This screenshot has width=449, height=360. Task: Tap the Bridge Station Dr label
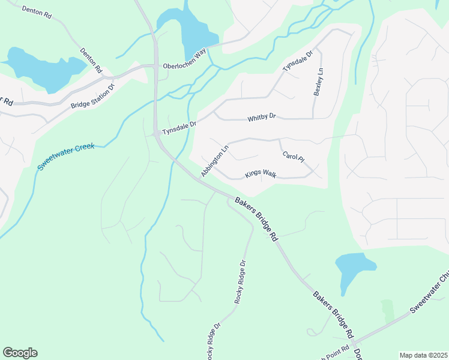point(92,96)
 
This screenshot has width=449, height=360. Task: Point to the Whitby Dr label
point(261,118)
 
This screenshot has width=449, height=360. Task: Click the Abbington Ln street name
point(215,160)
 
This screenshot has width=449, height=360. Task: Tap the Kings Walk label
point(261,175)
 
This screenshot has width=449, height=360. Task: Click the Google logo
point(20,353)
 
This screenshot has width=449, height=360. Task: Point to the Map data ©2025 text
point(423,355)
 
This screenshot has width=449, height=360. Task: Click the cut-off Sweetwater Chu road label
point(429,295)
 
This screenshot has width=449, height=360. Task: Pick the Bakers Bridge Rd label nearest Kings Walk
point(256,218)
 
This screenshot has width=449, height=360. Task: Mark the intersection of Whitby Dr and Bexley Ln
point(313,118)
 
